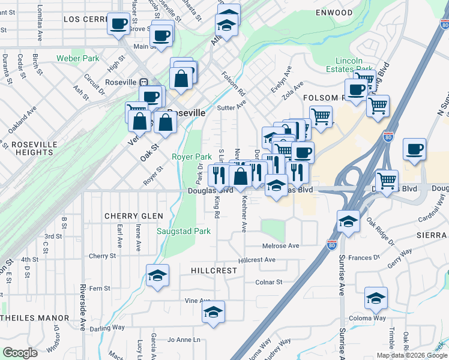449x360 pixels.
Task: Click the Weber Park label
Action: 77,59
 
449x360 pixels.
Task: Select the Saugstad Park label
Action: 183,231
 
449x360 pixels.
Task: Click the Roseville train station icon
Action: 143,82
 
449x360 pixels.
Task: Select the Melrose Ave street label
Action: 280,246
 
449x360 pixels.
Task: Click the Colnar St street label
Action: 268,282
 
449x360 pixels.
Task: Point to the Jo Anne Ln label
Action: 184,340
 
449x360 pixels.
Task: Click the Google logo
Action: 20,353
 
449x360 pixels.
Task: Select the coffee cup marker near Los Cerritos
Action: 118,24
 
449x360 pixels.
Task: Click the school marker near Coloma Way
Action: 376,298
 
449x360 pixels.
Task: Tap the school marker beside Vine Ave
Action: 213,312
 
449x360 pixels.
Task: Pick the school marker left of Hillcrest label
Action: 157,275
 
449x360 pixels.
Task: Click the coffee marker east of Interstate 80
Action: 414,149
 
